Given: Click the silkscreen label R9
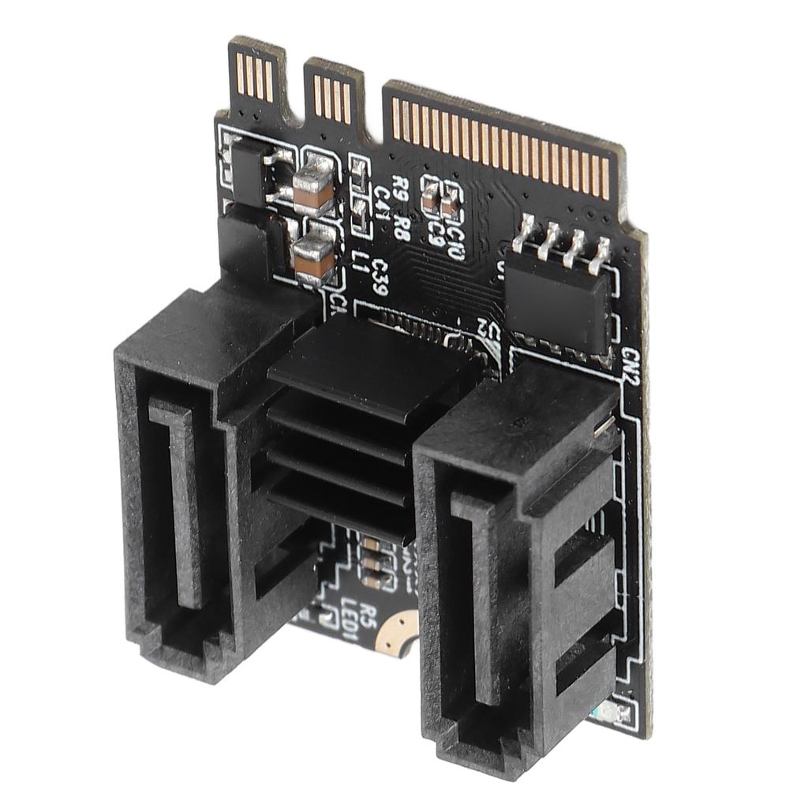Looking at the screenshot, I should pos(401,190).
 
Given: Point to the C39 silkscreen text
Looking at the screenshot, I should pos(380,277).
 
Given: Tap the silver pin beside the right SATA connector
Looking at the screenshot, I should pos(603,425).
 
